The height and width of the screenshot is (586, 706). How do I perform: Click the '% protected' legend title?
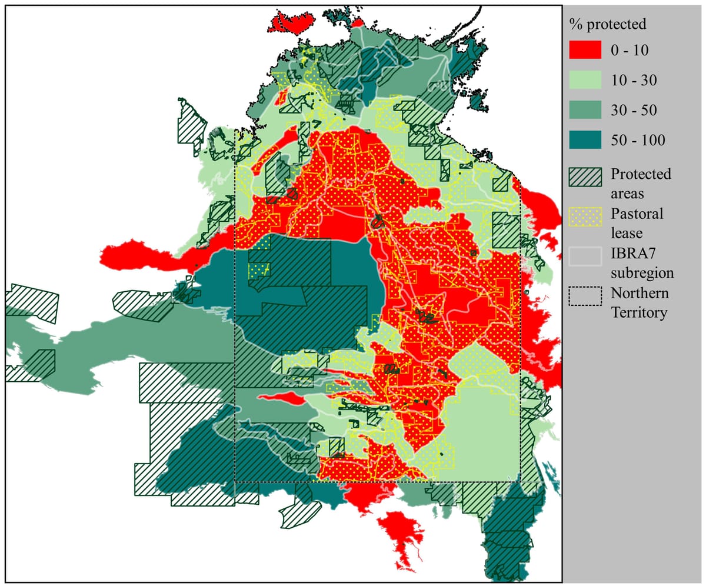(x=608, y=24)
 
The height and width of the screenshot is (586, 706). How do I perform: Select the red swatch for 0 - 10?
(x=585, y=50)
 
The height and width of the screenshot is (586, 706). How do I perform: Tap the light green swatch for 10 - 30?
(x=585, y=80)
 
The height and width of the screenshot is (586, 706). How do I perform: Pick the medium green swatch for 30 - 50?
(x=585, y=110)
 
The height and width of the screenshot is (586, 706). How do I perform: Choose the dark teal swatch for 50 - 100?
(x=585, y=140)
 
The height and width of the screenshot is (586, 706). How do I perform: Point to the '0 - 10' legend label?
(x=630, y=51)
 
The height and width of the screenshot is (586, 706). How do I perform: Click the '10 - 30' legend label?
(x=633, y=81)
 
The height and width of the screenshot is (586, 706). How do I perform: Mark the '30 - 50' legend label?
(x=633, y=111)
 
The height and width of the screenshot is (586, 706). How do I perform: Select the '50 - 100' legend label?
(x=638, y=141)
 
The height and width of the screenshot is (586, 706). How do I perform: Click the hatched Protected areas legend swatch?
(x=585, y=176)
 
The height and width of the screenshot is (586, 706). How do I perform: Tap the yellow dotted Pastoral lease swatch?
(x=585, y=217)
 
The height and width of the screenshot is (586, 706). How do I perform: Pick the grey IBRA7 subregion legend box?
(x=585, y=255)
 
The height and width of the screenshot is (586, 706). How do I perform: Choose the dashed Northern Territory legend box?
(x=585, y=295)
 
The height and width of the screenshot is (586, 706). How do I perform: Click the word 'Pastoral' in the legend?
(x=637, y=214)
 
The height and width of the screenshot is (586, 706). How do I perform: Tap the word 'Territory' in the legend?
(x=639, y=312)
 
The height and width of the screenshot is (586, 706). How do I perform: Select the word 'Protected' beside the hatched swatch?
(x=641, y=174)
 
